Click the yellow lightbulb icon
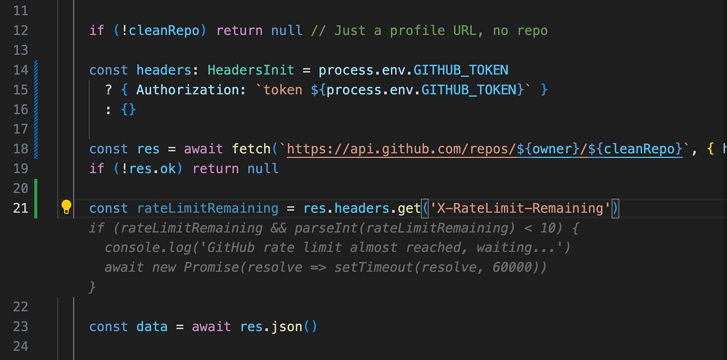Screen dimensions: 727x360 (66, 207)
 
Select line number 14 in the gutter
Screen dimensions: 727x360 (20, 70)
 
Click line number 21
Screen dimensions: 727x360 (20, 208)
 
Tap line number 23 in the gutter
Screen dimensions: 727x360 (20, 327)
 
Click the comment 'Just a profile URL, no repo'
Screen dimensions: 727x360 (429, 30)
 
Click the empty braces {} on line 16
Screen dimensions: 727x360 (128, 109)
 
